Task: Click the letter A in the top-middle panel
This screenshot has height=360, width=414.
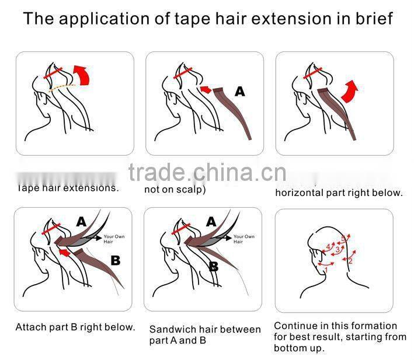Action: [240, 92]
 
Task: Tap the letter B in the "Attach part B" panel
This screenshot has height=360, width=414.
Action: [116, 260]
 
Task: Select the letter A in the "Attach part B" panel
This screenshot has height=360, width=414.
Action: [81, 221]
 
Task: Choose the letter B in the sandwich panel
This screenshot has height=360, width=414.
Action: [214, 267]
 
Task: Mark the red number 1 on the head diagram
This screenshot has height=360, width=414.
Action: [326, 269]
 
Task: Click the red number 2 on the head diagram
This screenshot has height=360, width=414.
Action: [350, 261]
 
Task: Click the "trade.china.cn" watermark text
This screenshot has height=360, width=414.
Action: [207, 173]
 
